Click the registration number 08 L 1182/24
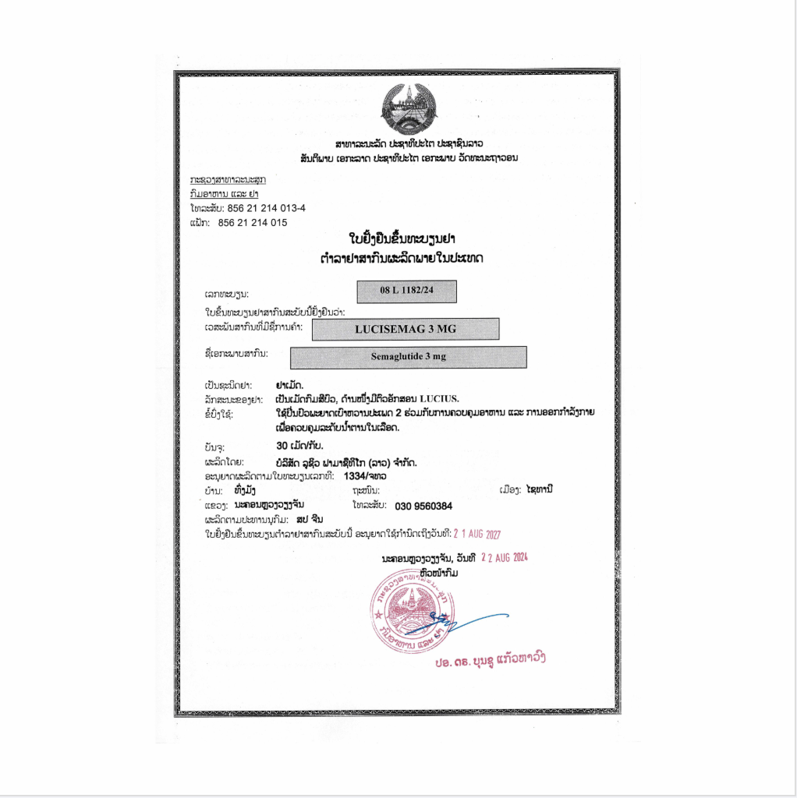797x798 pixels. (x=406, y=291)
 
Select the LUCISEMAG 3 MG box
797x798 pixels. (x=405, y=329)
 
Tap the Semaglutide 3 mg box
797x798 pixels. (x=408, y=358)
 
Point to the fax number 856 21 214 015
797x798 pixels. (x=253, y=222)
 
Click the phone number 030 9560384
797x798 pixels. (x=423, y=505)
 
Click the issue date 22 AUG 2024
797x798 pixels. (x=505, y=558)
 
